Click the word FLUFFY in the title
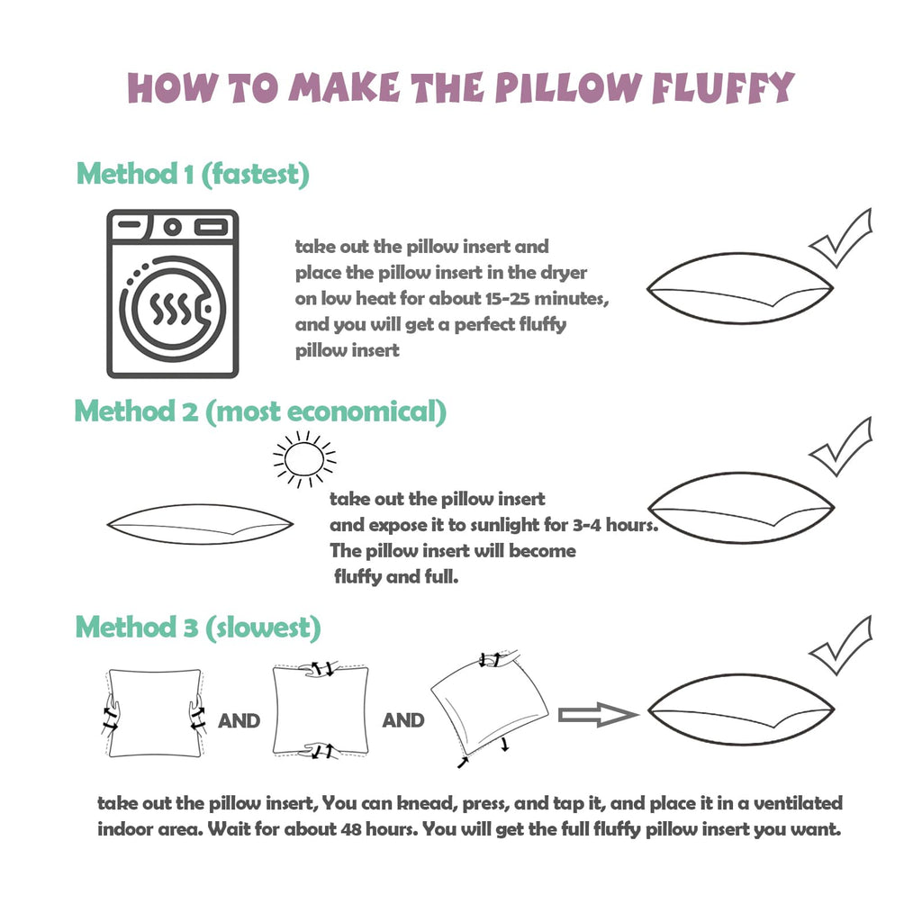[723, 88]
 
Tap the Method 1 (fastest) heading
[193, 174]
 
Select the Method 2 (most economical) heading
[260, 411]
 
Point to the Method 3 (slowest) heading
[198, 628]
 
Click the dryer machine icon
[172, 294]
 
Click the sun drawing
[304, 459]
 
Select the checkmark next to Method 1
[841, 238]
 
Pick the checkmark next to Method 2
[841, 447]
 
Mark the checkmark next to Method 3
[841, 645]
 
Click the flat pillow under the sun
[201, 524]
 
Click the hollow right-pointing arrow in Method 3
[598, 714]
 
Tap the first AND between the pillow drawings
[239, 721]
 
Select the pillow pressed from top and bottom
[321, 710]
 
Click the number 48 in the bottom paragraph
[350, 829]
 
